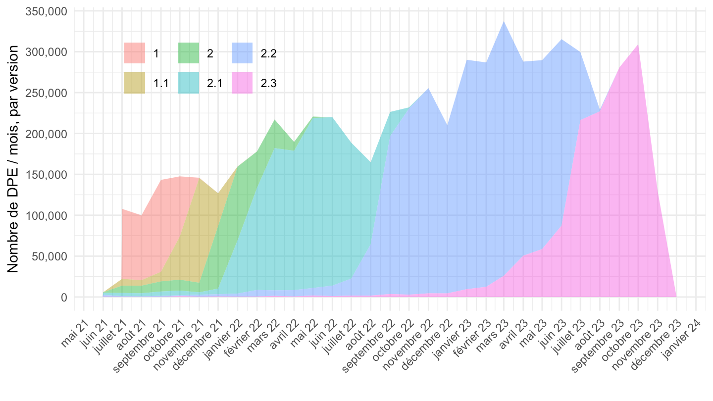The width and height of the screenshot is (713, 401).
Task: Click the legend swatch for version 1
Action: (135, 53)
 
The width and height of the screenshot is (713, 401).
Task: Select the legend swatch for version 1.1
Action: (135, 83)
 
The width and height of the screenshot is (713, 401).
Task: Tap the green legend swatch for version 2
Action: (188, 53)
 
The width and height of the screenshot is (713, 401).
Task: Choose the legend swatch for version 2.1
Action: (188, 83)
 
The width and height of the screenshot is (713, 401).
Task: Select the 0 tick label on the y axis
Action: (63, 298)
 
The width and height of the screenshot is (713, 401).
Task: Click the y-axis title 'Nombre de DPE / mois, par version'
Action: (13, 158)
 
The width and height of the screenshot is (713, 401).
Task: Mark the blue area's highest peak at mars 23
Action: (504, 22)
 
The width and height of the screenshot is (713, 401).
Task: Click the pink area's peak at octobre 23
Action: (638, 45)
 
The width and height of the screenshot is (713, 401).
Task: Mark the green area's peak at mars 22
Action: (275, 120)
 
